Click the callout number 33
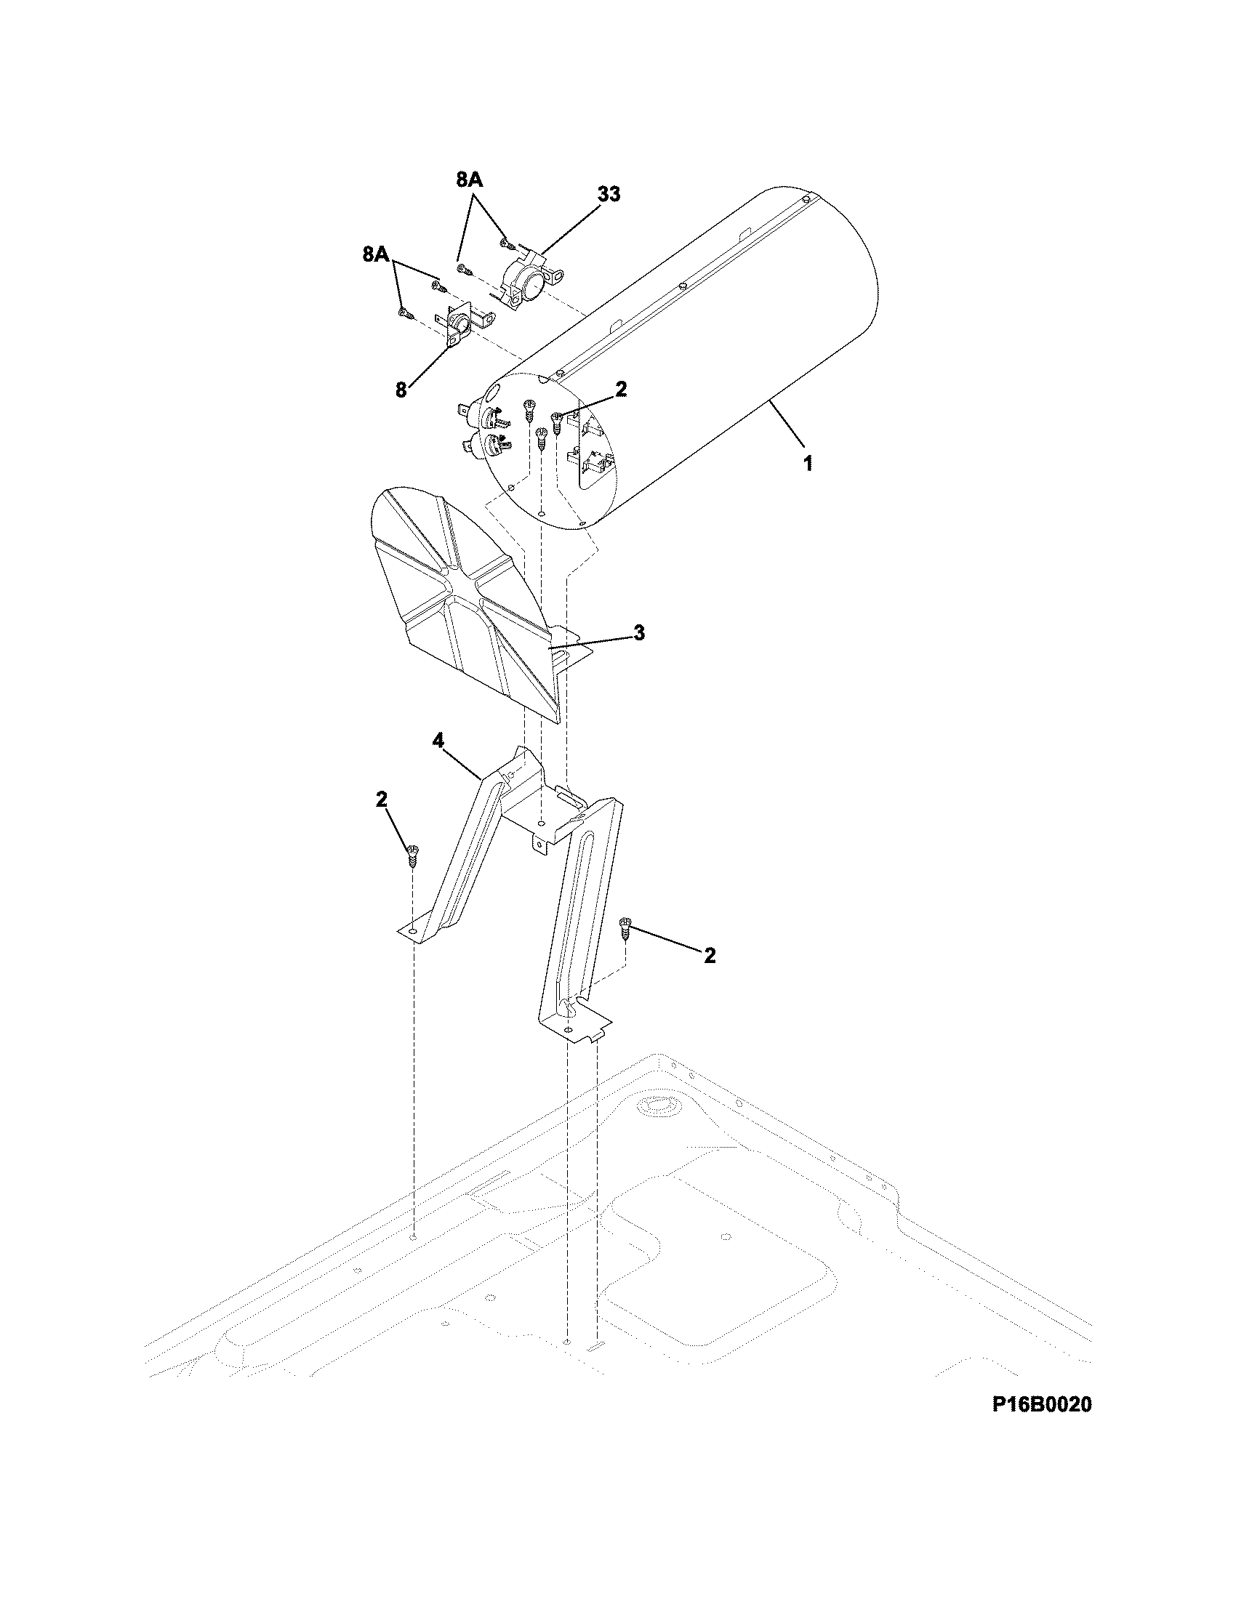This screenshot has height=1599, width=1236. coord(608,194)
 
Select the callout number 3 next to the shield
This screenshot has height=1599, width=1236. coord(638,632)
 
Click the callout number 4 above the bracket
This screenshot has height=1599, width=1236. coord(438,741)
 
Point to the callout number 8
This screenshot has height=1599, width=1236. coord(401,390)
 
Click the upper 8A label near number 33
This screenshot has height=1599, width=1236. coord(469,180)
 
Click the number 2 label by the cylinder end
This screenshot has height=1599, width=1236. coord(621,389)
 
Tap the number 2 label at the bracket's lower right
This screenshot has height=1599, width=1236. coord(709,955)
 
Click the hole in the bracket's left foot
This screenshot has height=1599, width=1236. coord(414,930)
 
